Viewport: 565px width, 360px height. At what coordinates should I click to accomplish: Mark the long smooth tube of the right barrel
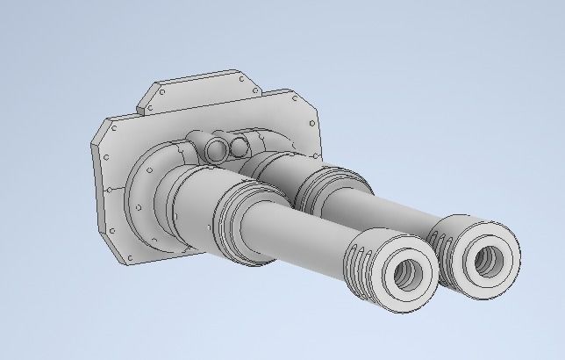point(386,211)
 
